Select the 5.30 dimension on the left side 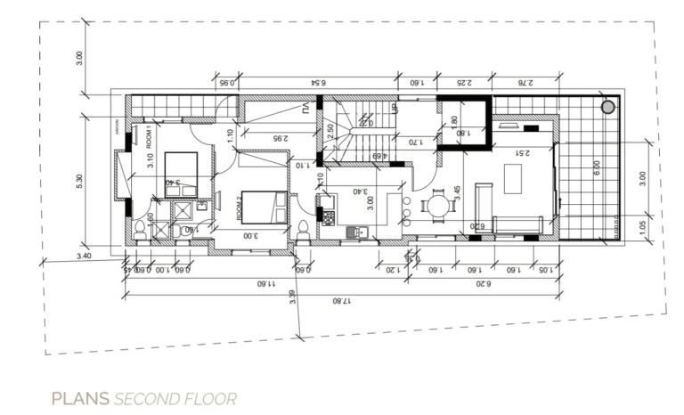(x=80, y=180)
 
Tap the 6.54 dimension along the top (x=317, y=83)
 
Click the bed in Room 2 (x=264, y=207)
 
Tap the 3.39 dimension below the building (x=293, y=297)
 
